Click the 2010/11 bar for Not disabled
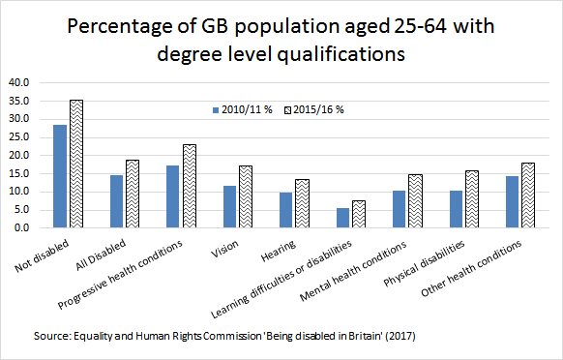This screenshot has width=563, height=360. [61, 176]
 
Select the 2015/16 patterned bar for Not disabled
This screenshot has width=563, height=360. [77, 164]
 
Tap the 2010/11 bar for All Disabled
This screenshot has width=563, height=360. [116, 201]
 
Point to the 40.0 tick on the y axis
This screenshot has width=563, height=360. [22, 82]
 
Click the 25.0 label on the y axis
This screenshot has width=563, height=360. [22, 136]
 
